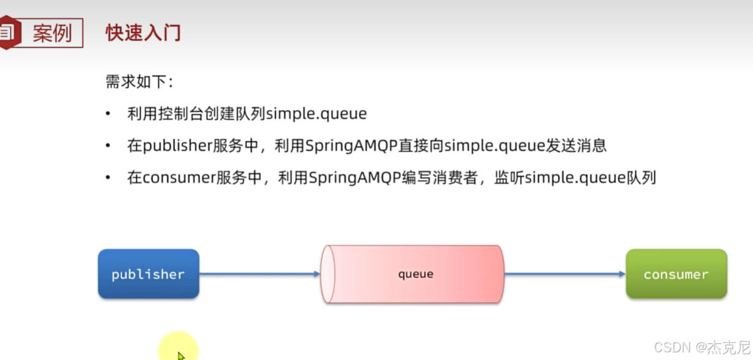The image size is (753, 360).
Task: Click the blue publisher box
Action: [148, 274]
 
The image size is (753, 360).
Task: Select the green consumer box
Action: [676, 274]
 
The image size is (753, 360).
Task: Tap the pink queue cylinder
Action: [416, 274]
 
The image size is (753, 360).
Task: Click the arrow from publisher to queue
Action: [259, 274]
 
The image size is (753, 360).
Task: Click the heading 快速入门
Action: [143, 33]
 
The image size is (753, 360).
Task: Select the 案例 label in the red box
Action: [52, 33]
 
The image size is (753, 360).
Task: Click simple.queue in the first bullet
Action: [316, 114]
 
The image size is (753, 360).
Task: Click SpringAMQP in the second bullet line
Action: [340, 146]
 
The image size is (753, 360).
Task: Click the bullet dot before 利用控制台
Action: [108, 114]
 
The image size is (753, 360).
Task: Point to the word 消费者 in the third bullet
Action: [457, 178]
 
